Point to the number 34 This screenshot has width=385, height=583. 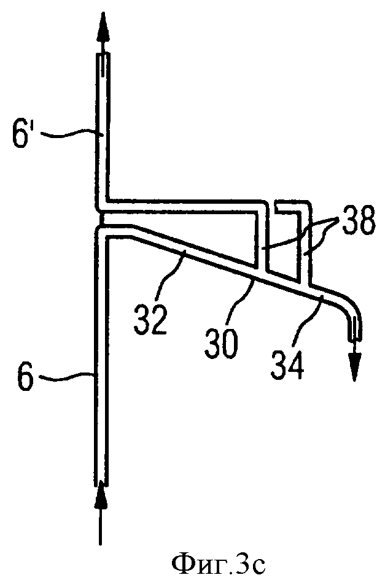[286, 366]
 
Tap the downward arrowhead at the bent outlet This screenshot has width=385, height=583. [355, 369]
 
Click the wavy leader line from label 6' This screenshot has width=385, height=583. [76, 131]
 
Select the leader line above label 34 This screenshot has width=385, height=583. [310, 315]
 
